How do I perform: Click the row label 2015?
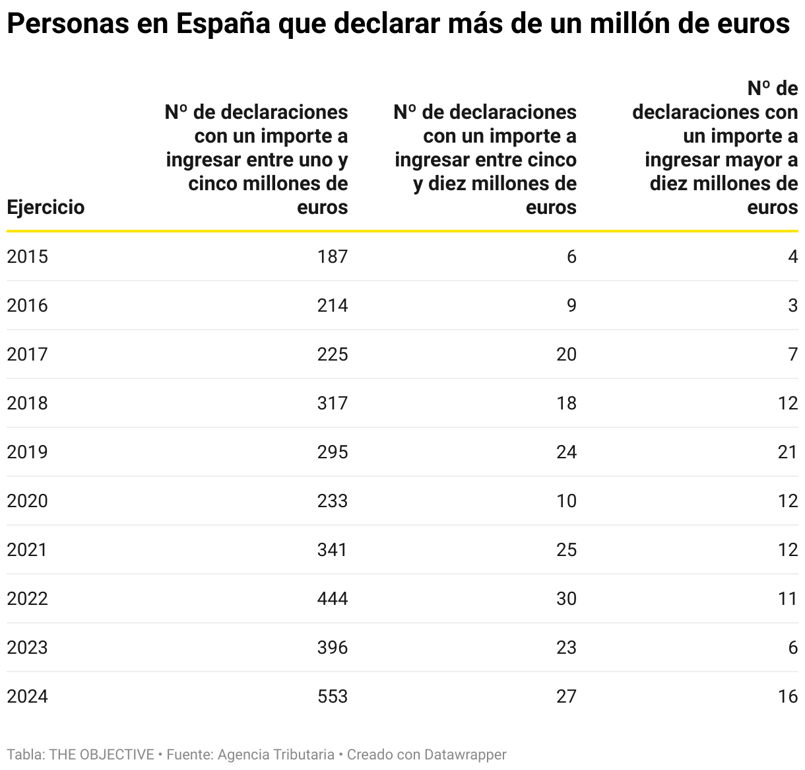27,257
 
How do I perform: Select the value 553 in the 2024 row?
332,697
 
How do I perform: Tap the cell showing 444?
332,599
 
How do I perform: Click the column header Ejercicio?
46,207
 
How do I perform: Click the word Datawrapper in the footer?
465,754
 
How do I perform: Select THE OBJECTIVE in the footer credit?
102,754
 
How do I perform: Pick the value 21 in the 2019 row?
788,452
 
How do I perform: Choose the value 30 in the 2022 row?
566,599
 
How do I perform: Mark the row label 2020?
27,501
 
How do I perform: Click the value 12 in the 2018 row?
788,403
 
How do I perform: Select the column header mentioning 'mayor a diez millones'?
716,148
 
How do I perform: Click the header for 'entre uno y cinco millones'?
257,160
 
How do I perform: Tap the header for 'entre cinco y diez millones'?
486,160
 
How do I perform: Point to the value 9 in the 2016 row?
571,306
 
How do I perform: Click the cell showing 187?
332,257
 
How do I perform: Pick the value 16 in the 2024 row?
788,697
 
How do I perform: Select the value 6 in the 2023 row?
792,648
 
